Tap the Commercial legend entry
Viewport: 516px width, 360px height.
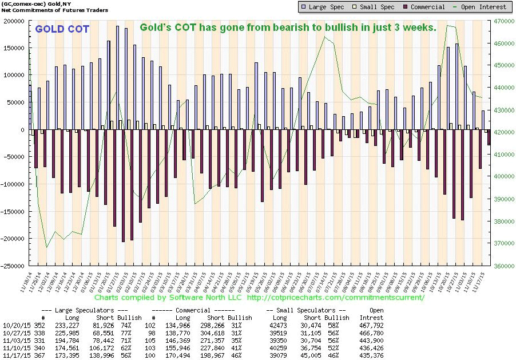423,7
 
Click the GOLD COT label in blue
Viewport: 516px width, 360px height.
62,29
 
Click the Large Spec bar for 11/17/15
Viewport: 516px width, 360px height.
482,120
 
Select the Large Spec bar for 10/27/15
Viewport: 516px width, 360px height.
457,86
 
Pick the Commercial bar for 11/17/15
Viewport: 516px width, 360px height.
489,137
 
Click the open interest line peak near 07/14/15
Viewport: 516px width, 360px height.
324,37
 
